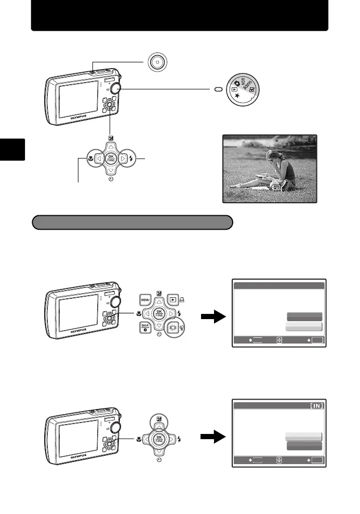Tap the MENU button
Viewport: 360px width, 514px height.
[x=145, y=300]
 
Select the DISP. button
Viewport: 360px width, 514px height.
[x=145, y=327]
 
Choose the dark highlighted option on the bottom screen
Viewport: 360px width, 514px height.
[x=303, y=446]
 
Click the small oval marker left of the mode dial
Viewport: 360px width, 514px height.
[x=219, y=89]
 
